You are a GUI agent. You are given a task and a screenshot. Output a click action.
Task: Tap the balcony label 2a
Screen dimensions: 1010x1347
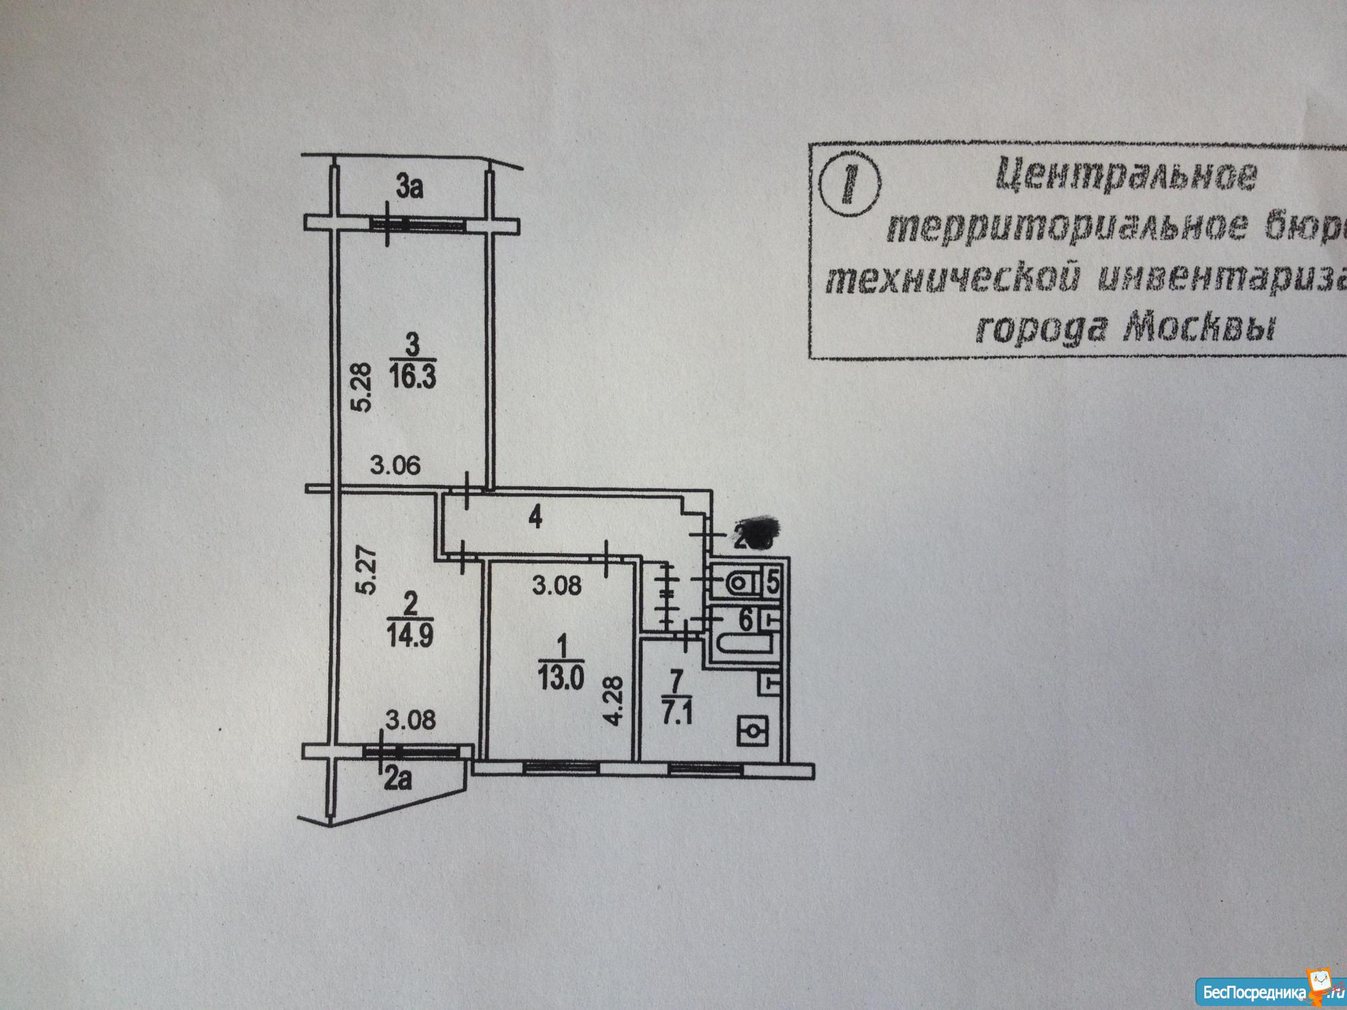397,782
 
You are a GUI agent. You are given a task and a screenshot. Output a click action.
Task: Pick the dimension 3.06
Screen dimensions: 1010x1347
395,465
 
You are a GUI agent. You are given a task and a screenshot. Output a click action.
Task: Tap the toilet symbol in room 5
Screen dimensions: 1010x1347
738,580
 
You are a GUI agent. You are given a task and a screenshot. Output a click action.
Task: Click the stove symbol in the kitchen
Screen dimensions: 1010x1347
752,730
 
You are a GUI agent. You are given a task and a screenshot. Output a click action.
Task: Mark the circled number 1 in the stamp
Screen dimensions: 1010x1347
851,184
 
